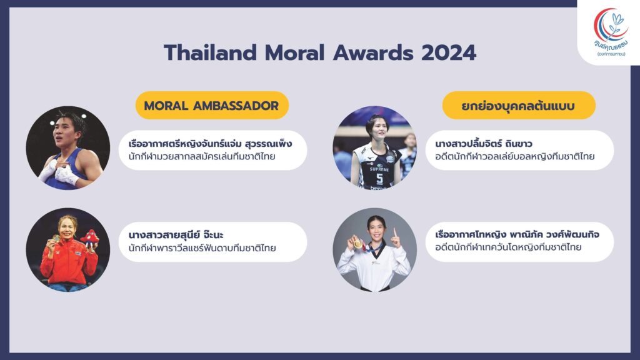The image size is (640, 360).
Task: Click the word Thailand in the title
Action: (x=211, y=52)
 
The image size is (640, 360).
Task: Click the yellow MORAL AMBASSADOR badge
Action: (x=212, y=105)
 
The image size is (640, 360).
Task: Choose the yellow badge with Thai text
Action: (x=518, y=105)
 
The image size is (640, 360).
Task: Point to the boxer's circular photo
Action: (x=68, y=147)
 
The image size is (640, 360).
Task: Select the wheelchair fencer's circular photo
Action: (x=68, y=250)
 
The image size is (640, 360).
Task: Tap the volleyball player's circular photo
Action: (x=375, y=147)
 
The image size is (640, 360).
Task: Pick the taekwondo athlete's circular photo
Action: (x=375, y=250)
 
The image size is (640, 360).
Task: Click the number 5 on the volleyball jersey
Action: (x=379, y=179)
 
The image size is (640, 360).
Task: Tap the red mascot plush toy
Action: (x=89, y=238)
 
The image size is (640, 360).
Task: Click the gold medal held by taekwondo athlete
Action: (x=357, y=244)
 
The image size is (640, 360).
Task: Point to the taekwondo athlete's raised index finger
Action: (x=395, y=232)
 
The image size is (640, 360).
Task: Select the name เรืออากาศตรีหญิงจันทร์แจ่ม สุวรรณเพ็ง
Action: (x=210, y=144)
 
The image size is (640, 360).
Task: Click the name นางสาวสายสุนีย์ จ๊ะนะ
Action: (x=176, y=235)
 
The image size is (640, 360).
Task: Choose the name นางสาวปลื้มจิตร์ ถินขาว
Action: (x=484, y=144)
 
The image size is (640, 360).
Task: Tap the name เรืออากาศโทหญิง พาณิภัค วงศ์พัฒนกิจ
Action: (x=517, y=234)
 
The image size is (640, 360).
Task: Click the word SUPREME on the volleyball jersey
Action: (x=379, y=169)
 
